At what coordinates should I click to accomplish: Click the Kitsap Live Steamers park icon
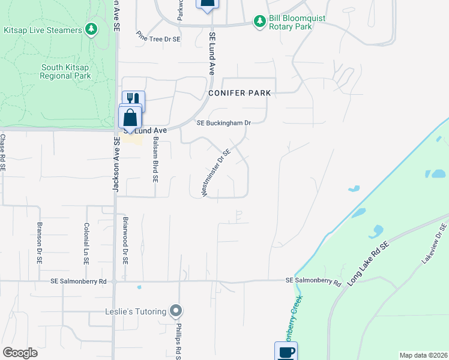pos(91,29)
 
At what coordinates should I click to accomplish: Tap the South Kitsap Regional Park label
pos(65,71)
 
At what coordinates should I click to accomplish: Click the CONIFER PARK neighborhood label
pos(240,93)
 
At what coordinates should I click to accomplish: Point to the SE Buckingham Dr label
pos(223,123)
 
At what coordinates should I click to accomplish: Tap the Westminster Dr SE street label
pos(216,173)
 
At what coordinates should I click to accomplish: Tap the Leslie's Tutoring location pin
pos(176,311)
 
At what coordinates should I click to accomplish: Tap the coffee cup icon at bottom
pos(286,352)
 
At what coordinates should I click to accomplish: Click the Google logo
pos(20,353)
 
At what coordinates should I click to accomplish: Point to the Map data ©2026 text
pos(423,355)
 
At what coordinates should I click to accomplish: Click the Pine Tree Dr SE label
pos(158,37)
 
